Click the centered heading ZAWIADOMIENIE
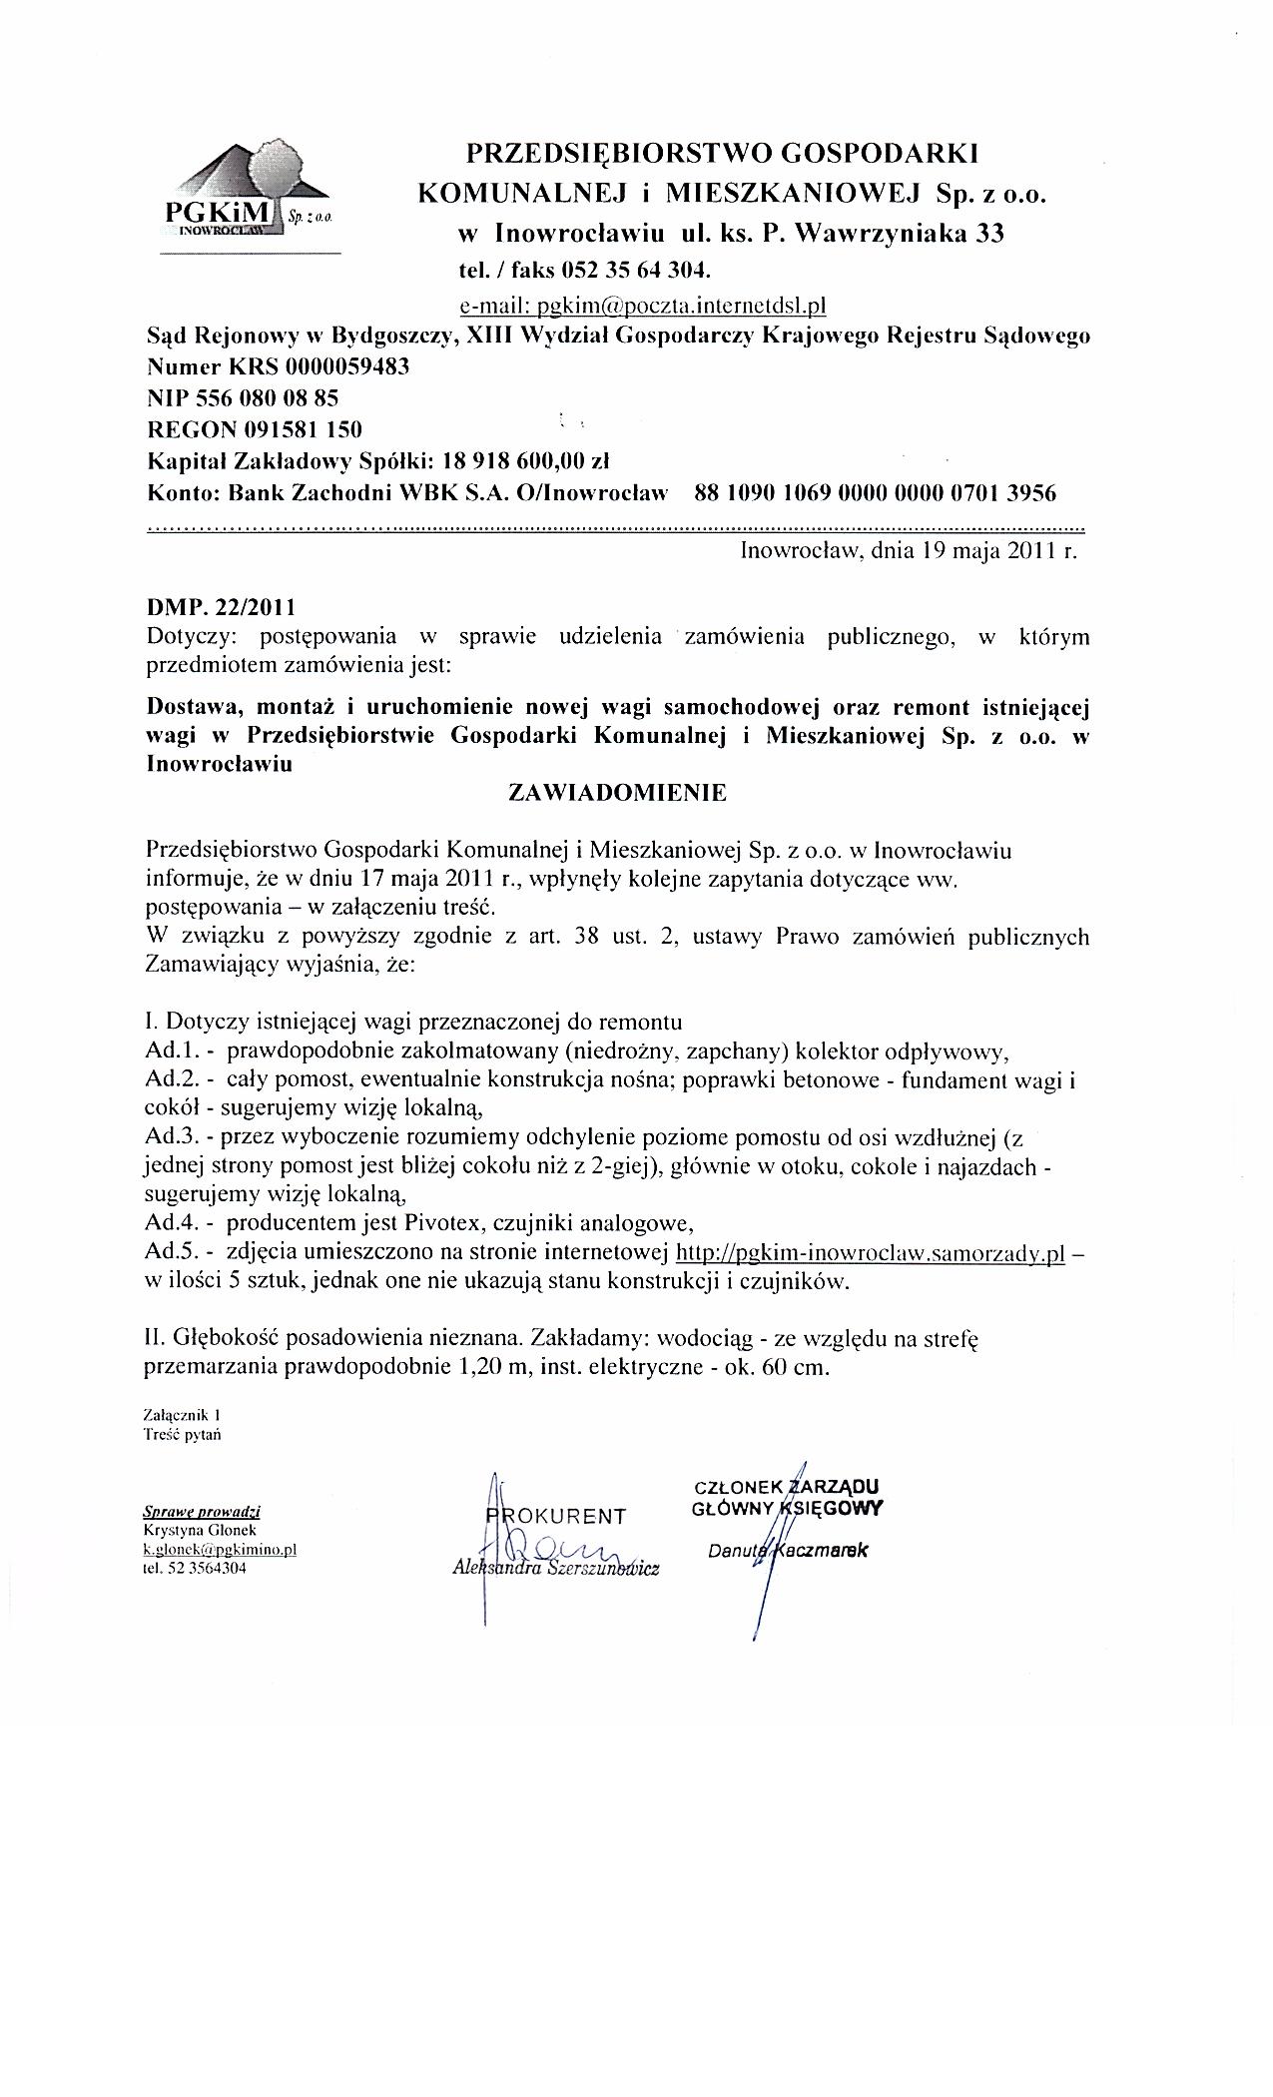point(618,793)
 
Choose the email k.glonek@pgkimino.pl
point(221,1549)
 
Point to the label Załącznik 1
point(182,1415)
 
